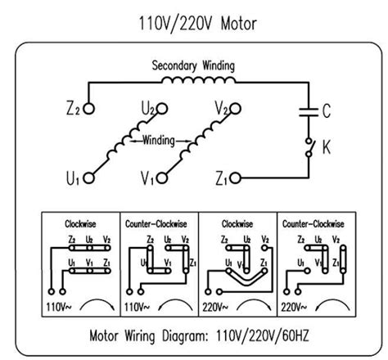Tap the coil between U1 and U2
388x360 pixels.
click(125, 142)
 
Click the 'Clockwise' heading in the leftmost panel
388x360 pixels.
click(82, 223)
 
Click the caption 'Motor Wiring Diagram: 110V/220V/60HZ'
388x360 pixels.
click(193, 334)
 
